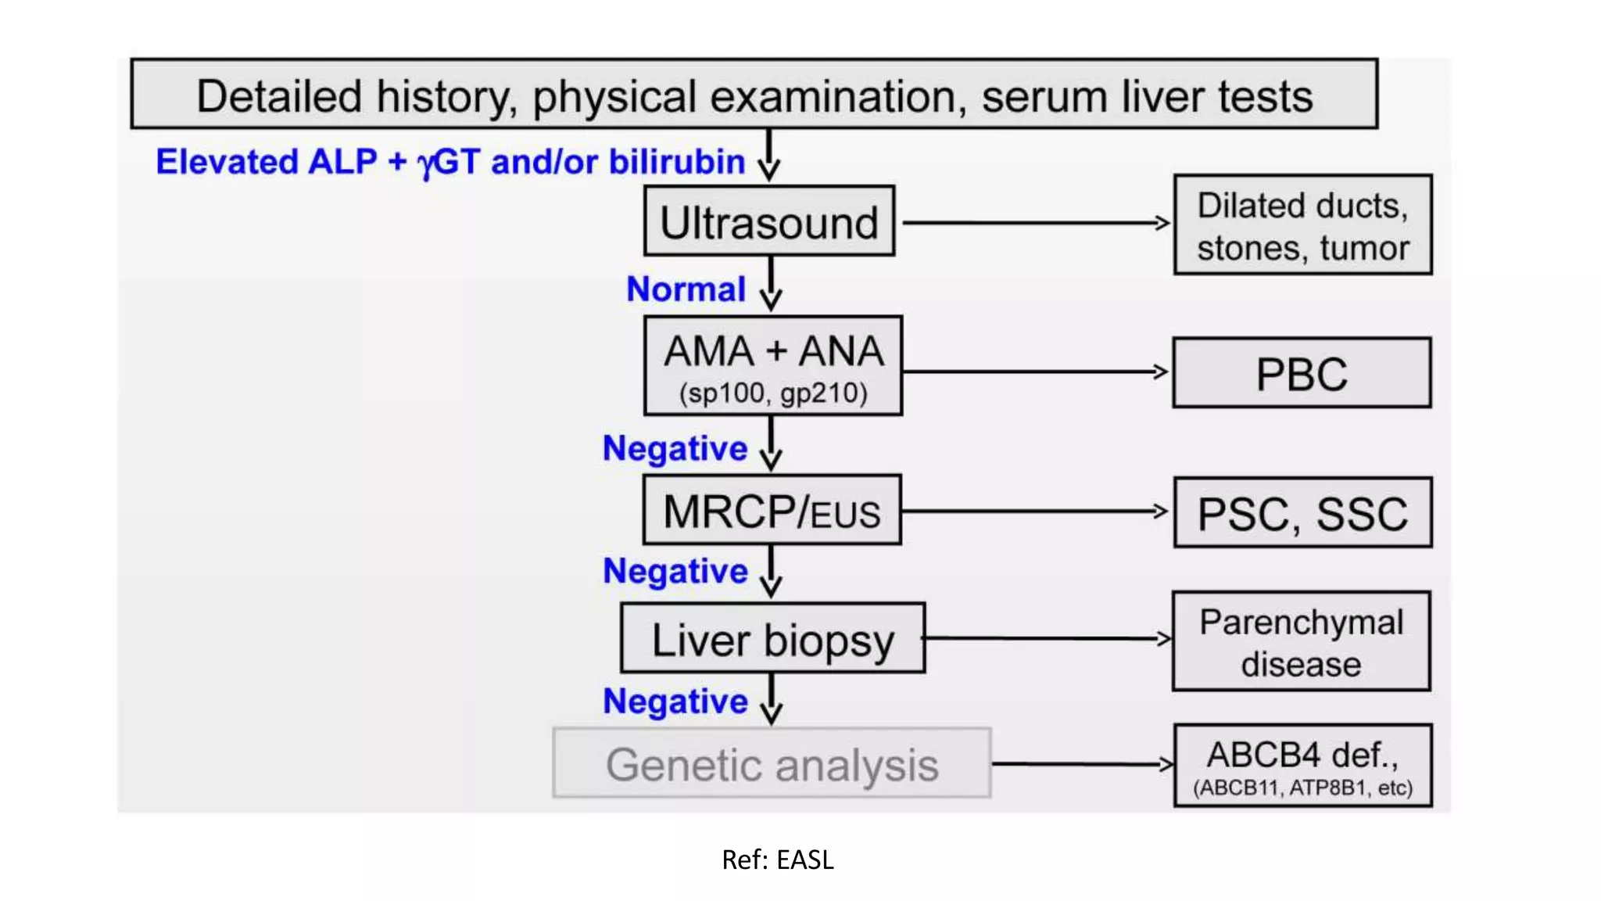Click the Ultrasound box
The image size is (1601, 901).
coord(769,221)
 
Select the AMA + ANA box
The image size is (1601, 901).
coord(772,365)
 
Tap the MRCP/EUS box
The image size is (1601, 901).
coord(772,511)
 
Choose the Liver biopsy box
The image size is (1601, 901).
coord(772,638)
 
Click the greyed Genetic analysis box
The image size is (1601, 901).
coord(772,763)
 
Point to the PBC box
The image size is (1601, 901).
coord(1302,373)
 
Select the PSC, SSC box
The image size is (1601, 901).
coord(1302,513)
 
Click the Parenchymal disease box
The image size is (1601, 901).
coord(1301,641)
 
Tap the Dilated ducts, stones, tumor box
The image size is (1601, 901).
coord(1302,225)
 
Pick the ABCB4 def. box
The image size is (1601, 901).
coord(1302,765)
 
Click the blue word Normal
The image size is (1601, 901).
coord(686,289)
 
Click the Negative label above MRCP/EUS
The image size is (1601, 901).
coord(675,449)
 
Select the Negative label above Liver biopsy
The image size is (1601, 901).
coord(675,571)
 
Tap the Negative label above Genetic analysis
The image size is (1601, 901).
coord(675,702)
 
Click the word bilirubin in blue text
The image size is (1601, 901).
coord(676,162)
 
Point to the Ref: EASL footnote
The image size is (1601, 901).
coord(777,860)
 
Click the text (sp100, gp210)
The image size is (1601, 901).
coord(772,393)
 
